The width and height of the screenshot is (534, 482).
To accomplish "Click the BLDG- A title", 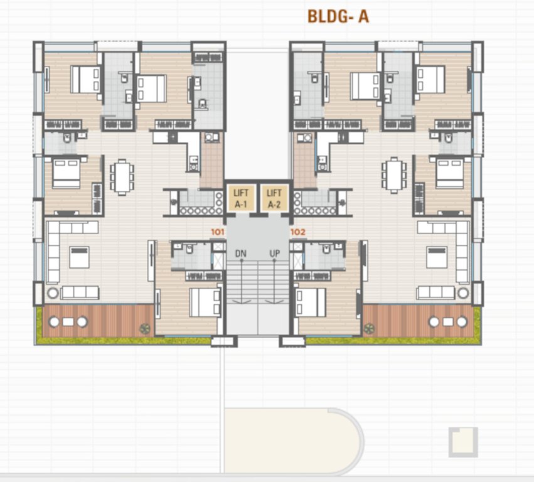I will pos(338,16).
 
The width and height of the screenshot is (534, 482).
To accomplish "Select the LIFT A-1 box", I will pos(241,198).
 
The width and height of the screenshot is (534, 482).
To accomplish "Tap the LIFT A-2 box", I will pos(274,198).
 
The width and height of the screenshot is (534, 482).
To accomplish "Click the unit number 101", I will pos(218,232).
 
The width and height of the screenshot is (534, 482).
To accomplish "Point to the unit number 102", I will pos(297,232).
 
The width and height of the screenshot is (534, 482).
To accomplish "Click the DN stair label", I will pos(240,254).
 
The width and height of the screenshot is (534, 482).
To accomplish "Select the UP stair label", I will pos(274,254).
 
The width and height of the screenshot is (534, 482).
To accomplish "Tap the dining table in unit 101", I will pos(122,176).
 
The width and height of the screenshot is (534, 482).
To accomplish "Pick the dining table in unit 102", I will pos(393,174).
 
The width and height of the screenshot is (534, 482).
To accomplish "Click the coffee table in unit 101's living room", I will pos(79,257).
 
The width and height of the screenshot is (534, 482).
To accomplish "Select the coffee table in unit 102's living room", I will pos(437,257).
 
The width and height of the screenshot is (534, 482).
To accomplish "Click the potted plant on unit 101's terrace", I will pos(145,327).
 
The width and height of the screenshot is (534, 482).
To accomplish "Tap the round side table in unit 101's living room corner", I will pos(52,292).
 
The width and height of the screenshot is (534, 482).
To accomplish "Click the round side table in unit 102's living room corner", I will pos(463,292).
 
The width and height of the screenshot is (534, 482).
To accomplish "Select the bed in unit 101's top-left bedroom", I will pos(85,80).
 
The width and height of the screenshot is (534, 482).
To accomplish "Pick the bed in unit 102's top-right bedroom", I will pos(430,80).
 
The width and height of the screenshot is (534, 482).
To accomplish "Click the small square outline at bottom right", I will pos(463,441).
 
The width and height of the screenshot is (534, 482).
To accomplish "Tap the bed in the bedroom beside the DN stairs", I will pos(205,303).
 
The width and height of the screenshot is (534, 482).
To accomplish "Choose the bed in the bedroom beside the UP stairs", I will pos(311,303).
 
